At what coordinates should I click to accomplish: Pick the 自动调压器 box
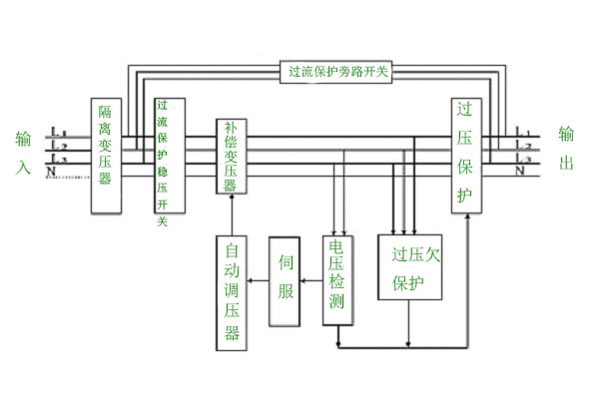coord(232,291)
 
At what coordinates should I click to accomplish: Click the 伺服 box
coord(285,282)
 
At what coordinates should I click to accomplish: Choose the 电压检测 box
coord(336,280)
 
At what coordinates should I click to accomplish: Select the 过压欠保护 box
coord(409,266)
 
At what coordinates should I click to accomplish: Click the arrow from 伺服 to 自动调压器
coord(258,283)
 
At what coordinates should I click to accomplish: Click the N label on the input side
coord(52,173)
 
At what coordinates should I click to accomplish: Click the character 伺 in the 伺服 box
coord(285,265)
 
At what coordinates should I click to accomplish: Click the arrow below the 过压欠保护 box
coord(409,323)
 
